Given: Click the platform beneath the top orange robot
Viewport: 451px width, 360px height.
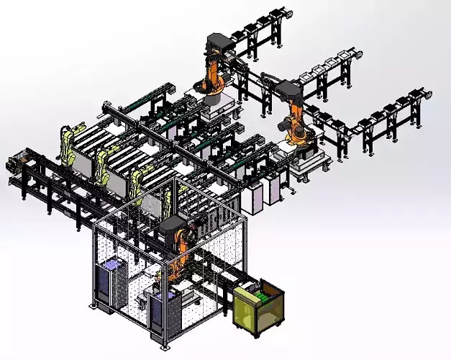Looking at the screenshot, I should coord(216,105).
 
